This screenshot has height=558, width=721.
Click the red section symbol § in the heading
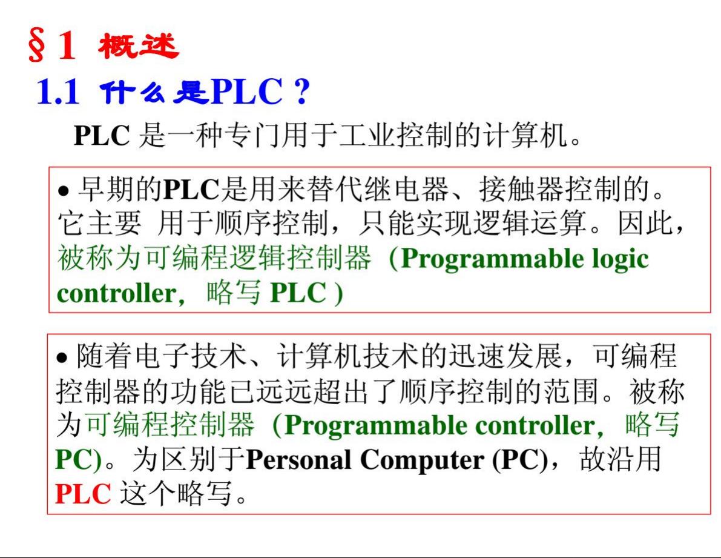pos(37,45)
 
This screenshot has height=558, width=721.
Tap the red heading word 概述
pos(138,46)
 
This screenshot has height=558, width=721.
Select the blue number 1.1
pos(58,91)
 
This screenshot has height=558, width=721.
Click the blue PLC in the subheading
pos(247,91)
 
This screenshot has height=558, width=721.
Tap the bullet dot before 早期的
pos(64,191)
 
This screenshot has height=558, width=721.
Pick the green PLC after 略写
pos(298,293)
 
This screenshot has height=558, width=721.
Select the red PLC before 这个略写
pos(83,494)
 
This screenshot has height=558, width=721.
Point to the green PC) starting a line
pos(78,460)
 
